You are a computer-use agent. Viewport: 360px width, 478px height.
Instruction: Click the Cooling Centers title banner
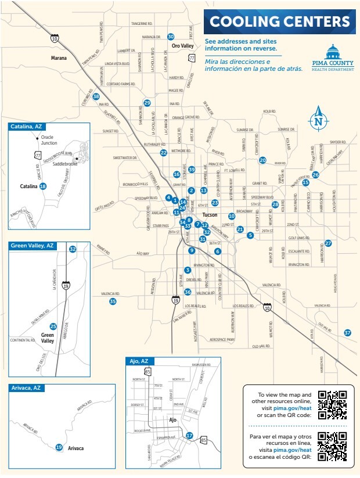279,22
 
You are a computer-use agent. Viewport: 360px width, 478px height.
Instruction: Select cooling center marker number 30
171,37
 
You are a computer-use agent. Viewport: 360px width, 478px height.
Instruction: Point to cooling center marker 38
96,96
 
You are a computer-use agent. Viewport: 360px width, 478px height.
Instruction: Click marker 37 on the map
347,333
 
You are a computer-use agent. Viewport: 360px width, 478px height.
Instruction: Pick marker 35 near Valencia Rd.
113,301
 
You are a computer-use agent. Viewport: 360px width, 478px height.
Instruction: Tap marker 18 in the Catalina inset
42,186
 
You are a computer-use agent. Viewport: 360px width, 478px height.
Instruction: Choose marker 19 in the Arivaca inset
59,447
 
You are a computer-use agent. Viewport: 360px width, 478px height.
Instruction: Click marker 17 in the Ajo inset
189,436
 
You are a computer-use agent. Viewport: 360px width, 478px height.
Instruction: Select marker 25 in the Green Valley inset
53,326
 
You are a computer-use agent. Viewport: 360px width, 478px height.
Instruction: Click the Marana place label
59,58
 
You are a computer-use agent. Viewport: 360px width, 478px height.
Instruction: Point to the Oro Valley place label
182,46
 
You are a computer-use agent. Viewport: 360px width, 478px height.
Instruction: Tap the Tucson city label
210,215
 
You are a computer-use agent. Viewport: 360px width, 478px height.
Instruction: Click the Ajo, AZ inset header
141,361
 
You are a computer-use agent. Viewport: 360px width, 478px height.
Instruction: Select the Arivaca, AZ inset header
27,387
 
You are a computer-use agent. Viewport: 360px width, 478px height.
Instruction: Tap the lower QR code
333,447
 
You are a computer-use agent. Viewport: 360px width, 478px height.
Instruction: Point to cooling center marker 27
328,243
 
